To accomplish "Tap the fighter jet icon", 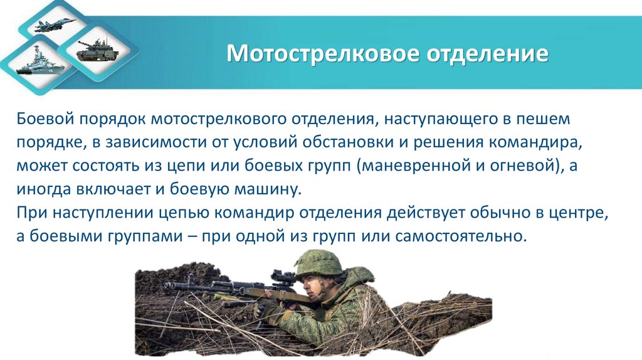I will coord(56,26).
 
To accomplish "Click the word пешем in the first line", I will coord(545,118).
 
